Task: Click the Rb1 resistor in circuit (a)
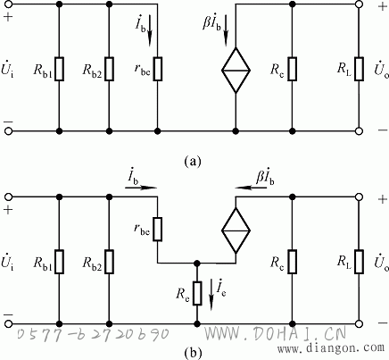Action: point(60,69)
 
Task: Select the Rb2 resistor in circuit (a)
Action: point(109,69)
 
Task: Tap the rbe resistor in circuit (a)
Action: point(158,69)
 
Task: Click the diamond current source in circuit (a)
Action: point(236,71)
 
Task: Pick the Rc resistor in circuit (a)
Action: point(293,69)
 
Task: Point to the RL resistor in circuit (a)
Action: point(359,69)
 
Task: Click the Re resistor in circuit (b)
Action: point(197,293)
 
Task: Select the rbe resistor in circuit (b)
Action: point(158,229)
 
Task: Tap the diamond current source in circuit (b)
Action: point(236,230)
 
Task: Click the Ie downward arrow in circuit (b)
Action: point(211,295)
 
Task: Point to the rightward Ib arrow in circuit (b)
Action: point(141,188)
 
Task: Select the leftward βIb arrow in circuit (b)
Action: point(250,188)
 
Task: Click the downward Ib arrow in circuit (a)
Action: point(150,32)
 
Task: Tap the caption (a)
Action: point(193,161)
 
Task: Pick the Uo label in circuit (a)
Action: point(381,71)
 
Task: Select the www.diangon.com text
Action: point(331,347)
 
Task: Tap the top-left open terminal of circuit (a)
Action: point(9,4)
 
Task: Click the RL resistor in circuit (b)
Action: point(359,262)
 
